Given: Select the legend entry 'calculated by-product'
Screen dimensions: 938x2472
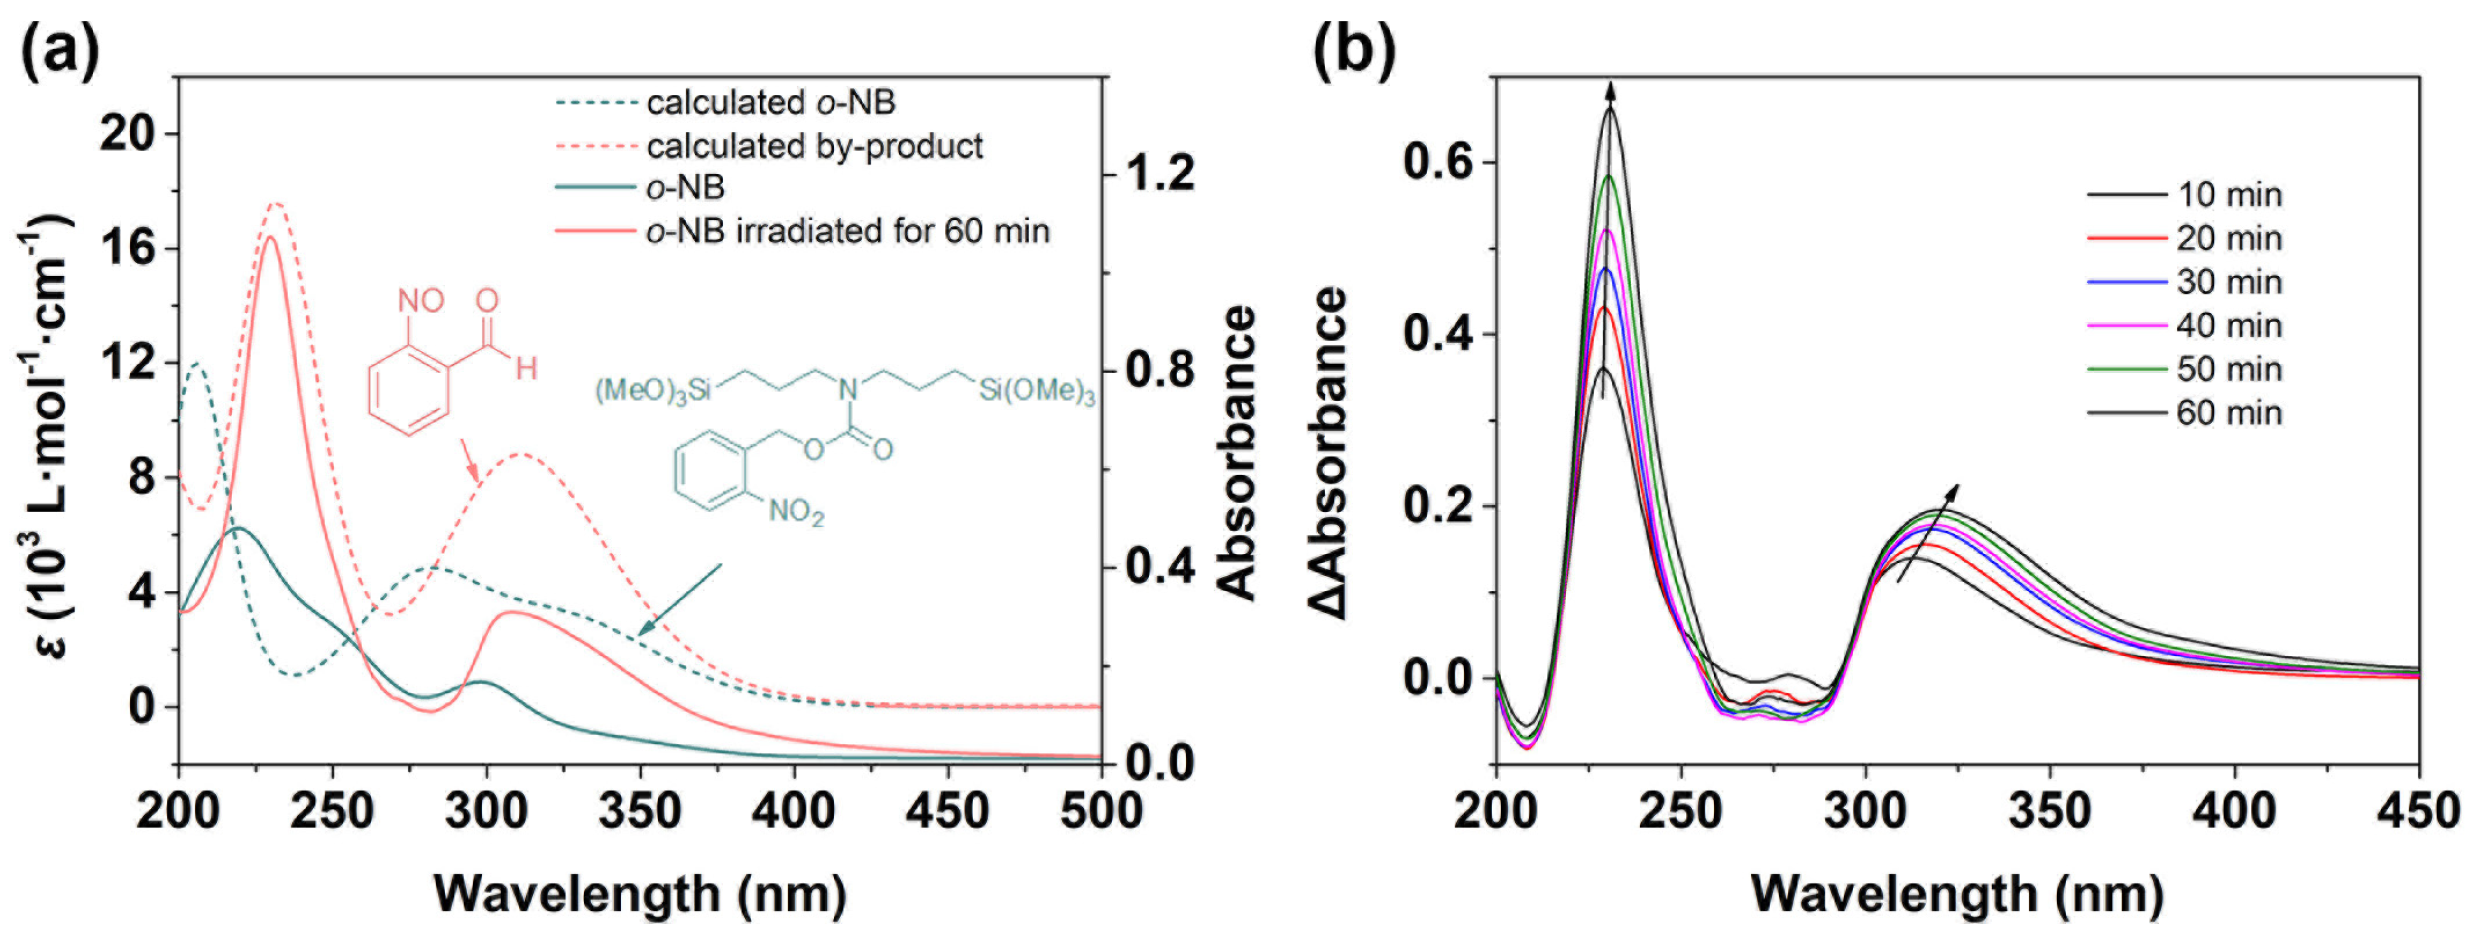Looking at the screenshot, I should coord(814,146).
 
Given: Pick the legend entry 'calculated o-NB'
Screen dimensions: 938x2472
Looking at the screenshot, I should coord(769,102).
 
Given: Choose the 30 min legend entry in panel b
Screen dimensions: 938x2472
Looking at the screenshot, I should coord(2228,282).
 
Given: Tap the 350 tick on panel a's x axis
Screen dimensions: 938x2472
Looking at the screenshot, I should coord(640,811).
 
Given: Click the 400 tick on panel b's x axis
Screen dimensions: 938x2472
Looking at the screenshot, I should coord(2234,811).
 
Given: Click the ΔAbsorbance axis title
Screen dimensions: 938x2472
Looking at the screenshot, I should coord(1331,451).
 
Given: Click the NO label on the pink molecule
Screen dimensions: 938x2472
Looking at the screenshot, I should coord(420,301).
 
